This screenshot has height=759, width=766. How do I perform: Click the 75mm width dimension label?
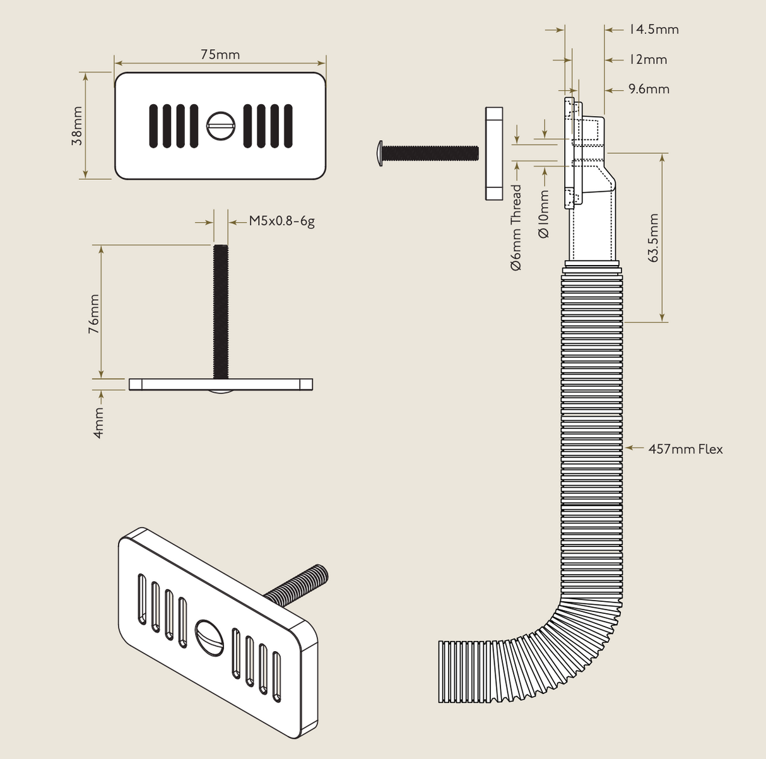[x=220, y=55]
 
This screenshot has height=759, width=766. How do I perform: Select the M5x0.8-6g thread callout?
[x=281, y=221]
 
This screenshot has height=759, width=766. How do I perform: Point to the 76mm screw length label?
[x=93, y=314]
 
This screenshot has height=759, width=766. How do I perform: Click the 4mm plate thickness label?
[x=99, y=423]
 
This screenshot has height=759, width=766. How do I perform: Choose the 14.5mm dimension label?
[x=653, y=30]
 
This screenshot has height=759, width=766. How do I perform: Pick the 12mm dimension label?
[x=647, y=60]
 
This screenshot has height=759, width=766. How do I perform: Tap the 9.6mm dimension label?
[x=649, y=90]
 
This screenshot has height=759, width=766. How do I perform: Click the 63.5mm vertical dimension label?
[x=653, y=238]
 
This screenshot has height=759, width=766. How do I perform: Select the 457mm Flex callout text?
[x=685, y=449]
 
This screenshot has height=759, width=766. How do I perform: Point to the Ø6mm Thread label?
[x=517, y=227]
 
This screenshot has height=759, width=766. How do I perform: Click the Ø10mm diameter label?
[x=544, y=215]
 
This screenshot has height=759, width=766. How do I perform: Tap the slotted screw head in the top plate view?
[x=221, y=126]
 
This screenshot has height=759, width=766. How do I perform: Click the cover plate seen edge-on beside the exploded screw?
[x=494, y=153]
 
